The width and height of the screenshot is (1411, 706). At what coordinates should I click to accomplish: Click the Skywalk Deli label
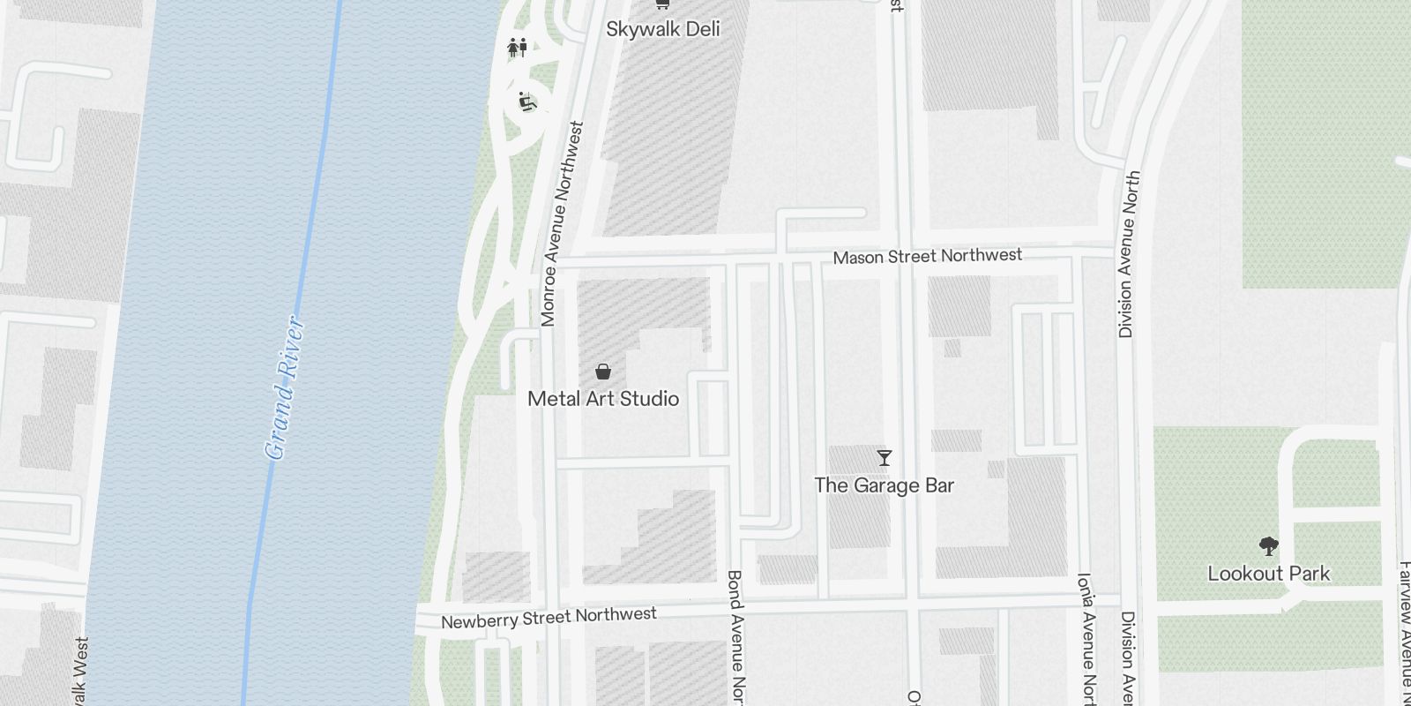tap(662, 29)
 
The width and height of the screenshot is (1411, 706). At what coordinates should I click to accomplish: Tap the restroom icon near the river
tap(517, 47)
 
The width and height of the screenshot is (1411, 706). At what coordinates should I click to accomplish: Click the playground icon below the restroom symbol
tap(527, 101)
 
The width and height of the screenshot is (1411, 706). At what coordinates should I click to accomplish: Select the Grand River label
tap(286, 388)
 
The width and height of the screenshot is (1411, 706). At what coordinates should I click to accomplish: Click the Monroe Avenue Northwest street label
tap(563, 224)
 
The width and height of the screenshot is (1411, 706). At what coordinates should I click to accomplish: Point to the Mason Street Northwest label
tap(927, 256)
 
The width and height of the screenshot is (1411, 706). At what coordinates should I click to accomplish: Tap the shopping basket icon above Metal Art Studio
tap(603, 372)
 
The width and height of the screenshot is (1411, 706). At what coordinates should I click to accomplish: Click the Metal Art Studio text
tap(603, 399)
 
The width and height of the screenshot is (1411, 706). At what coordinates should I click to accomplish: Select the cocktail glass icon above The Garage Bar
tap(885, 457)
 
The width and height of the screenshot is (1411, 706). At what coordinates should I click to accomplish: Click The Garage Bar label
tap(884, 485)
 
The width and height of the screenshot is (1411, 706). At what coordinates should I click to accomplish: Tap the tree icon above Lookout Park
tap(1269, 546)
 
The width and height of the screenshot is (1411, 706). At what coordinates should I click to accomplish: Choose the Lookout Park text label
tap(1268, 574)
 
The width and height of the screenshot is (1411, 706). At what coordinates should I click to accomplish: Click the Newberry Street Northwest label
tap(549, 617)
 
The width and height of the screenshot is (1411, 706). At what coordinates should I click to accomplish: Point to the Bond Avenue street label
tap(735, 635)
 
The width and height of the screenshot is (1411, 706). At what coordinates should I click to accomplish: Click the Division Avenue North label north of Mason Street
tap(1129, 254)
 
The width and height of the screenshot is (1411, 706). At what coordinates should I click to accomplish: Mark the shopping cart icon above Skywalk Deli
tap(662, 4)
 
